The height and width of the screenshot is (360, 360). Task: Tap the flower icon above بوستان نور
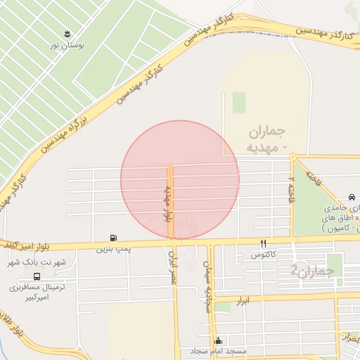[x=67, y=33]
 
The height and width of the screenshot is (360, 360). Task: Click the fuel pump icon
[x=113, y=238]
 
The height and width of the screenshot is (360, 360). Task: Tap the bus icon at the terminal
[x=37, y=276]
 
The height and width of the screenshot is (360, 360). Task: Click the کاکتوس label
[x=264, y=253]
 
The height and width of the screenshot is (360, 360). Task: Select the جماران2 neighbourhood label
[x=310, y=270]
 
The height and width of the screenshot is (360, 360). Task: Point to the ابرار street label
[x=264, y=300]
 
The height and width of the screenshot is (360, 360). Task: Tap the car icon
[x=351, y=198]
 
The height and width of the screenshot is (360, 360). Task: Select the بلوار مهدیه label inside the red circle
[x=169, y=203]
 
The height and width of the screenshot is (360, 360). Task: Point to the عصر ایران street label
[x=173, y=268]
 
